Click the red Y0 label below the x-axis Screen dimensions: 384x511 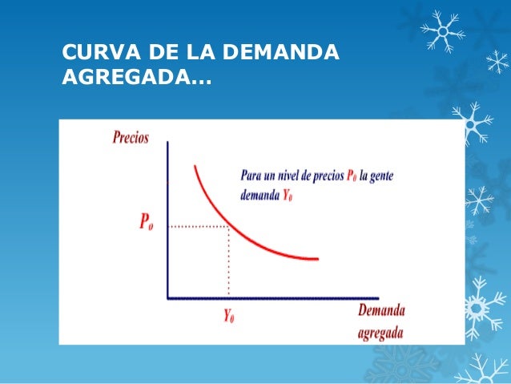(x=229, y=316)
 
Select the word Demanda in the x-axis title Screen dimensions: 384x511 (x=381, y=311)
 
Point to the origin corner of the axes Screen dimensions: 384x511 (x=167, y=297)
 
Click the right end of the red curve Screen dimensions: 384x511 (x=317, y=259)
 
